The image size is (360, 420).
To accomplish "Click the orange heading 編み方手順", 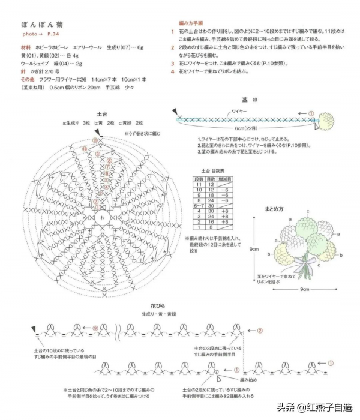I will point(190,21).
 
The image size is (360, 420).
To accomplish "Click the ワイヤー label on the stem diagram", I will point(239,112).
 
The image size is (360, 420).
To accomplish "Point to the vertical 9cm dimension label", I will point(254,250).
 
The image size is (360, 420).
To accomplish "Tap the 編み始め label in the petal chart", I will point(248,380).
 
